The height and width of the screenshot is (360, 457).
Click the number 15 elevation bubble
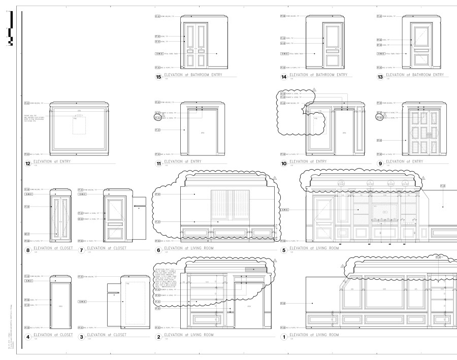click(x=158, y=77)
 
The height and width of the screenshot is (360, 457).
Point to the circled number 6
click(x=158, y=250)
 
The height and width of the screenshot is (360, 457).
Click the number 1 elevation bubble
click(x=284, y=337)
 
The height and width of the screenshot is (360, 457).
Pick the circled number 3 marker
click(x=81, y=337)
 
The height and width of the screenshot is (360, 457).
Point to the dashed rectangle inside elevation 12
click(x=79, y=125)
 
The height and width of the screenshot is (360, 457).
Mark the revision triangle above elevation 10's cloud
click(x=314, y=90)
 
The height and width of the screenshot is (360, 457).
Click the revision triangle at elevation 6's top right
click(x=275, y=178)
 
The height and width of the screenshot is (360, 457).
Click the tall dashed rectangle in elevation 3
click(x=134, y=303)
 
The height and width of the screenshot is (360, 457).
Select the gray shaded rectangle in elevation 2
click(x=255, y=269)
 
